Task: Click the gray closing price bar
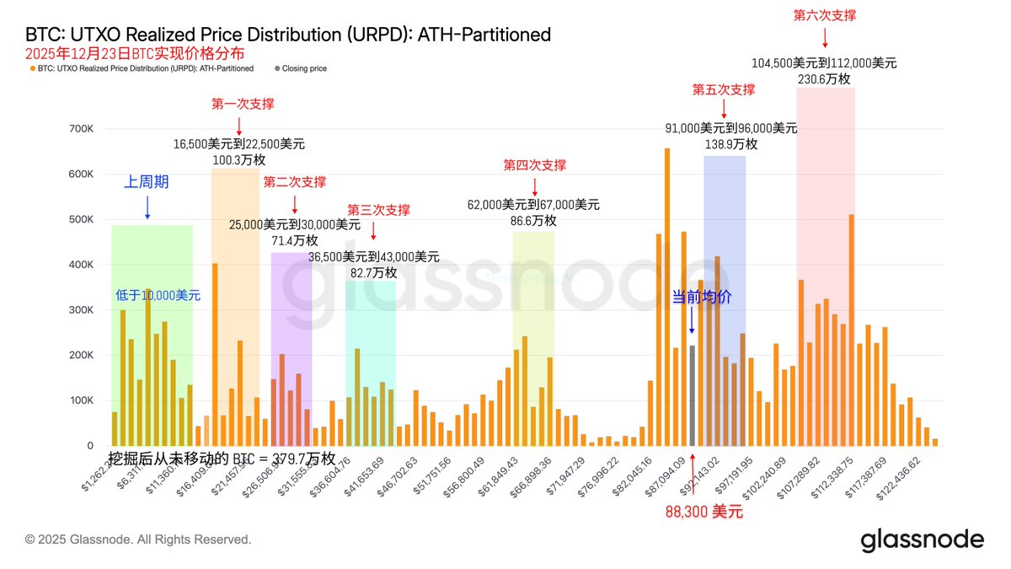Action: point(692,395)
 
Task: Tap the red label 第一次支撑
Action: point(243,104)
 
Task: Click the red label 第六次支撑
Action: point(825,15)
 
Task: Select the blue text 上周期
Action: point(147,182)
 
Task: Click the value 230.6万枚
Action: point(824,78)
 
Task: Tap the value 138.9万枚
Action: point(731,144)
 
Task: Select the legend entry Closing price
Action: point(303,68)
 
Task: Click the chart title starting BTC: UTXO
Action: point(287,35)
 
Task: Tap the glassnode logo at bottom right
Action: point(922,539)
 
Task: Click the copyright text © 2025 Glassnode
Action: point(138,539)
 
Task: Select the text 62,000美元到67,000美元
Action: point(533,205)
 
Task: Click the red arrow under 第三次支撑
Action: point(373,229)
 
